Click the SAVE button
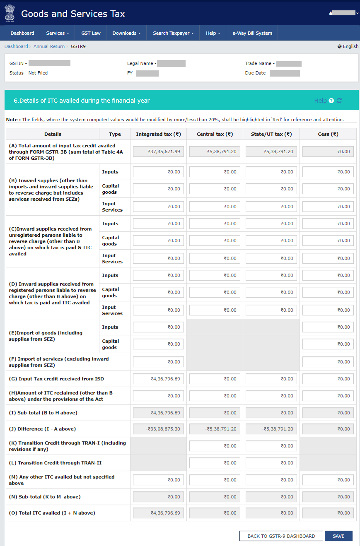tap(338, 536)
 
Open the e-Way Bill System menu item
tap(252, 33)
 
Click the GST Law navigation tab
tap(91, 33)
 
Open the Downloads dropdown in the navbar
tap(126, 33)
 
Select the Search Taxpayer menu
tap(173, 33)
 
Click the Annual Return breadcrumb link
tap(49, 46)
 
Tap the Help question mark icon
tap(331, 101)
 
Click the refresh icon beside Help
tap(339, 101)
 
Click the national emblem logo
tap(10, 13)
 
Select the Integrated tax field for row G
tap(158, 379)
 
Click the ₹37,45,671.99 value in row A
tap(158, 152)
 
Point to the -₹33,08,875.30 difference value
tap(158, 429)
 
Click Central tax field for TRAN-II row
tap(215, 463)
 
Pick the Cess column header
tap(328, 134)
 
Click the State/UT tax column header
tap(271, 134)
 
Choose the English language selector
tap(348, 46)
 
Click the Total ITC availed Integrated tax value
tap(158, 513)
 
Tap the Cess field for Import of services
tap(328, 362)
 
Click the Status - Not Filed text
tap(29, 73)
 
